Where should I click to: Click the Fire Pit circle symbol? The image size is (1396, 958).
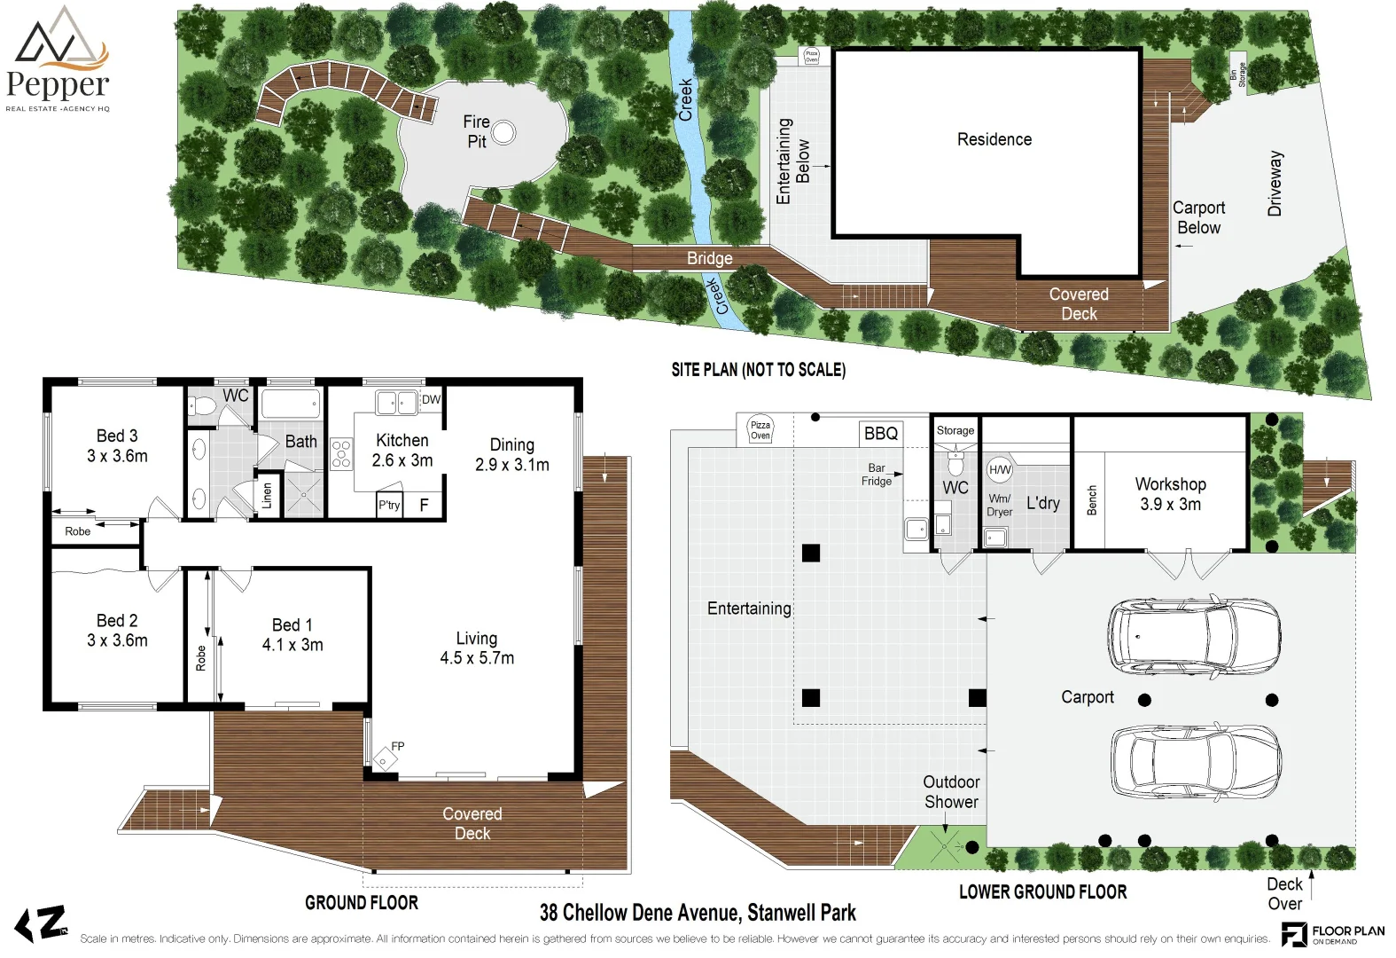click(x=503, y=133)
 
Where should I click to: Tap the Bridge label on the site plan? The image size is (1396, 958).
click(x=709, y=258)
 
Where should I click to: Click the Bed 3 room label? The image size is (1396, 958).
click(x=117, y=445)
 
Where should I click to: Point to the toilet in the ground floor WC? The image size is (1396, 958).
click(x=204, y=406)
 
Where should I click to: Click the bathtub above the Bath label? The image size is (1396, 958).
click(x=290, y=404)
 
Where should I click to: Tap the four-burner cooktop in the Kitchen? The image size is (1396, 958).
click(x=341, y=453)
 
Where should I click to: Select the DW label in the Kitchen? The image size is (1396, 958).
click(x=431, y=399)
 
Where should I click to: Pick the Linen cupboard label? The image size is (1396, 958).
click(x=267, y=496)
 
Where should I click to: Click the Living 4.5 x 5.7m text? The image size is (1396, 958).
click(x=477, y=648)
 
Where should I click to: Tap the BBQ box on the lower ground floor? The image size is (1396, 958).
click(x=881, y=433)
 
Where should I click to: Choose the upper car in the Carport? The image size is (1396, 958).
click(x=1192, y=636)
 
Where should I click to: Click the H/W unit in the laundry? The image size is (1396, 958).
click(x=999, y=469)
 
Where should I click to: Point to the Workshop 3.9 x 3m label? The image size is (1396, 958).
click(x=1170, y=494)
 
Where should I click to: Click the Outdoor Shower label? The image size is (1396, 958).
click(x=951, y=791)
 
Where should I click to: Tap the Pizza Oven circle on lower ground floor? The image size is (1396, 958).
click(x=760, y=428)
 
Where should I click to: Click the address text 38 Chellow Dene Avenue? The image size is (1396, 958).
click(x=698, y=913)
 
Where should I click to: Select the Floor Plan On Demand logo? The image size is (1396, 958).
click(x=1332, y=934)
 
